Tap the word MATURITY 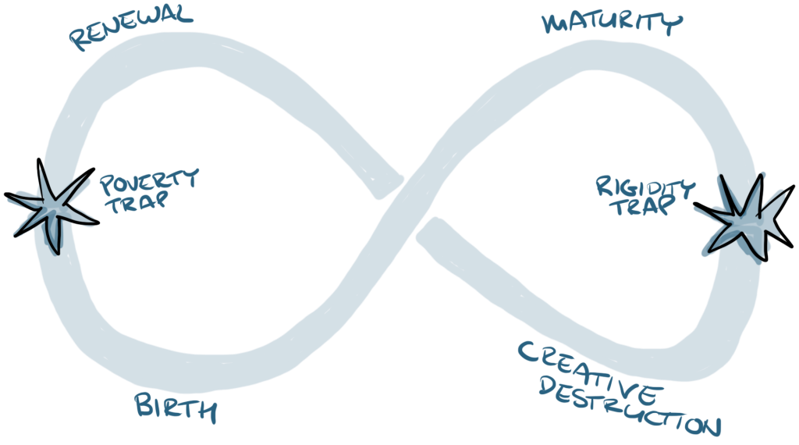pos(609,23)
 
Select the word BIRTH pos(175,406)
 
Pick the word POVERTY pos(149,182)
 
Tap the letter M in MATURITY pos(556,20)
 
